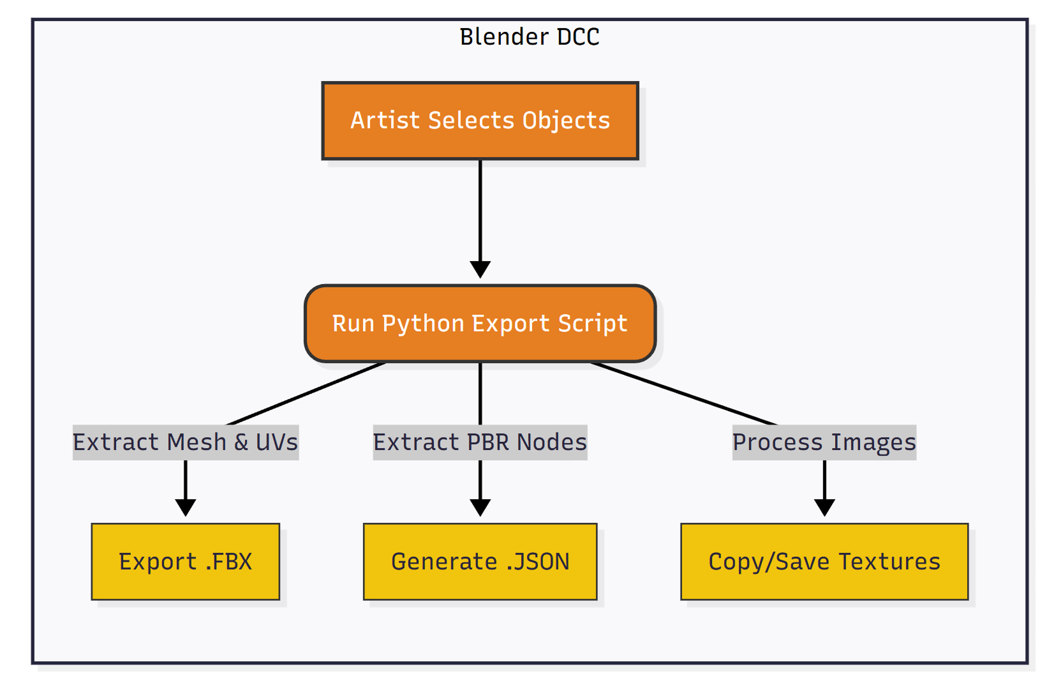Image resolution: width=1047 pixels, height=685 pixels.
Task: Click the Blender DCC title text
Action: pyautogui.click(x=529, y=37)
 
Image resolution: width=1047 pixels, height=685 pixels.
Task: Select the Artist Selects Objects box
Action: pyautogui.click(x=480, y=121)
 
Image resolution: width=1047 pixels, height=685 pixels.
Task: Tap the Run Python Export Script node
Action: pyautogui.click(x=480, y=324)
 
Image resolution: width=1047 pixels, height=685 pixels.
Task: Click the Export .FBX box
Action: pyautogui.click(x=185, y=562)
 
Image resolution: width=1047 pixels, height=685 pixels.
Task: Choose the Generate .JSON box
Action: pyautogui.click(x=480, y=562)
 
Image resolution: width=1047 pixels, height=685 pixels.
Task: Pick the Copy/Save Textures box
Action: pyautogui.click(x=824, y=562)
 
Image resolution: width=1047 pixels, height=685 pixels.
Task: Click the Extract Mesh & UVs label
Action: pyautogui.click(x=185, y=442)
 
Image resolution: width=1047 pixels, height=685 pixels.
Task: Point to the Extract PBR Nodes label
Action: pyautogui.click(x=480, y=442)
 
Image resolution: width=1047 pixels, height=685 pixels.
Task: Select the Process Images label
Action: pyautogui.click(x=824, y=442)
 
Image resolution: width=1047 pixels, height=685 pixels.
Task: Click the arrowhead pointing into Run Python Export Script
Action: pyautogui.click(x=480, y=269)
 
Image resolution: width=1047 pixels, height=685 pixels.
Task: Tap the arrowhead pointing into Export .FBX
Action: pyautogui.click(x=185, y=508)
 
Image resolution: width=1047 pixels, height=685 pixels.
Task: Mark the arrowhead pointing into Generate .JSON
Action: pyautogui.click(x=480, y=508)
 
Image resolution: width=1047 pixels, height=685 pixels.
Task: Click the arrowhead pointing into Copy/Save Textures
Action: pyautogui.click(x=824, y=508)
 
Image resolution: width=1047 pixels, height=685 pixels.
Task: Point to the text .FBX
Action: pyautogui.click(x=228, y=562)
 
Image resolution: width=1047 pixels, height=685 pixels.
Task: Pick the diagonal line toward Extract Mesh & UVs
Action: pyautogui.click(x=306, y=394)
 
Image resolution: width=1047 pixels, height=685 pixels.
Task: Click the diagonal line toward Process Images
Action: pyautogui.click(x=683, y=394)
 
